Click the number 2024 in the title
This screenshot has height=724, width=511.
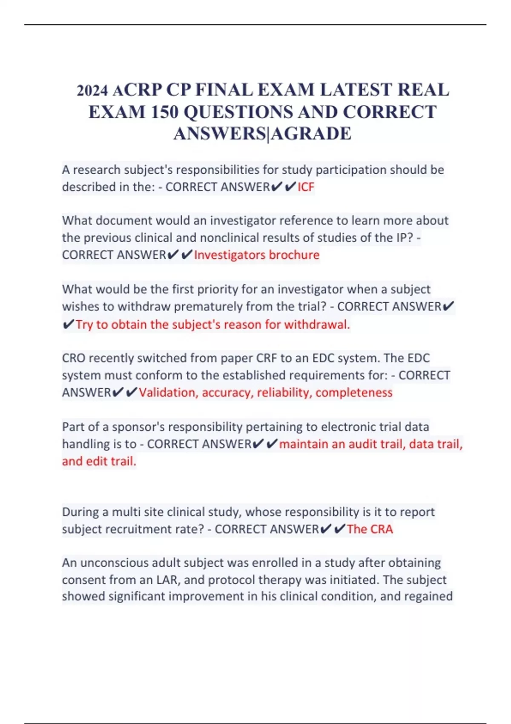pos(92,91)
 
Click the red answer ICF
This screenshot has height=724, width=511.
pos(306,187)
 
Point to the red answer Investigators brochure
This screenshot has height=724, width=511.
pos(256,255)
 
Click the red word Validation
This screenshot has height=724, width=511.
pos(168,392)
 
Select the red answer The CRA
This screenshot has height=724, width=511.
pos(370,529)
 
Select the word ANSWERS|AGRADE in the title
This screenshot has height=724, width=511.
pos(262,134)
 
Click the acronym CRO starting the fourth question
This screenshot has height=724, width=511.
pos(74,358)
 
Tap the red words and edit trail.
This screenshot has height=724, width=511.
pos(99,461)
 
